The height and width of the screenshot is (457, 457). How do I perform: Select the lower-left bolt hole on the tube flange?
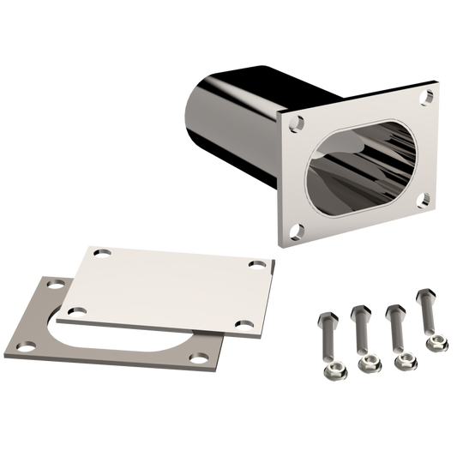point(297,229)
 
